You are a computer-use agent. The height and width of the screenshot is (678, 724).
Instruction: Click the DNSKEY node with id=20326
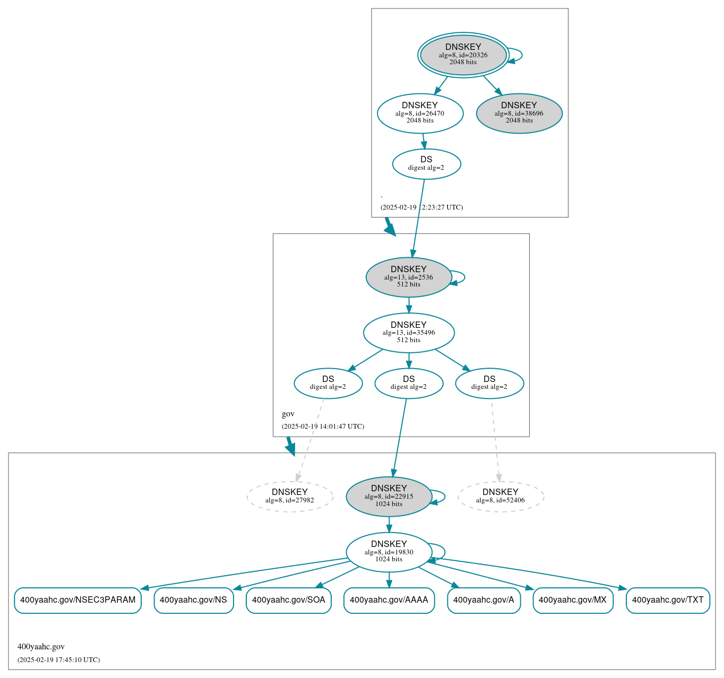point(463,55)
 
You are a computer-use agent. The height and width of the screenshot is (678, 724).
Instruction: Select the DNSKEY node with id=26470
point(420,113)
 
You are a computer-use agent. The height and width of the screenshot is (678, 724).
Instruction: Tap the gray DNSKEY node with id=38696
point(519,113)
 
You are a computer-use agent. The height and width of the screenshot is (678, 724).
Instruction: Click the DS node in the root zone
point(426,164)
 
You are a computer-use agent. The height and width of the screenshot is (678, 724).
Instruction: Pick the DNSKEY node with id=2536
point(408,277)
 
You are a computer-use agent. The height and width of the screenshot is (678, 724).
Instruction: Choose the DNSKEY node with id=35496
point(408,333)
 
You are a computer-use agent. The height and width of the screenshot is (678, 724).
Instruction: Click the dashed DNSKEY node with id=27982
point(290,497)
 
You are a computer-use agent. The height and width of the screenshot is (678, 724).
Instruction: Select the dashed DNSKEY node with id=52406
point(501,497)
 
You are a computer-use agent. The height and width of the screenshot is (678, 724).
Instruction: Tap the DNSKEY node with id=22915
point(389,497)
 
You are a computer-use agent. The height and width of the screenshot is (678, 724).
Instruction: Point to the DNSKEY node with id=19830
point(389,552)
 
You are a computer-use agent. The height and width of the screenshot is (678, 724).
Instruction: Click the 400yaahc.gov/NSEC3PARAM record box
point(77,600)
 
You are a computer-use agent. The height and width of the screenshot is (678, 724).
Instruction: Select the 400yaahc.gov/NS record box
point(193,600)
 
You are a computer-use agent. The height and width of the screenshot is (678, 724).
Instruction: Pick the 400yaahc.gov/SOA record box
point(288,600)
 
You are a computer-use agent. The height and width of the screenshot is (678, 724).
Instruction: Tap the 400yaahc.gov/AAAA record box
point(389,600)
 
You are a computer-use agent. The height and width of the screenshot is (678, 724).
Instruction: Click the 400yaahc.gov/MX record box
point(572,600)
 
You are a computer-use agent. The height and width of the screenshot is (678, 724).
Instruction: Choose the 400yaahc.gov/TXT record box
point(667,600)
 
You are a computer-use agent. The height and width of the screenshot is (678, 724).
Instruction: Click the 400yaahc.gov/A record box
point(484,600)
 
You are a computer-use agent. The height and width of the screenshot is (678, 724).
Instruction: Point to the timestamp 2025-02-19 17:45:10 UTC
point(58,660)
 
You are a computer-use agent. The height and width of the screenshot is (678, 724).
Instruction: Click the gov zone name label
point(288,414)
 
